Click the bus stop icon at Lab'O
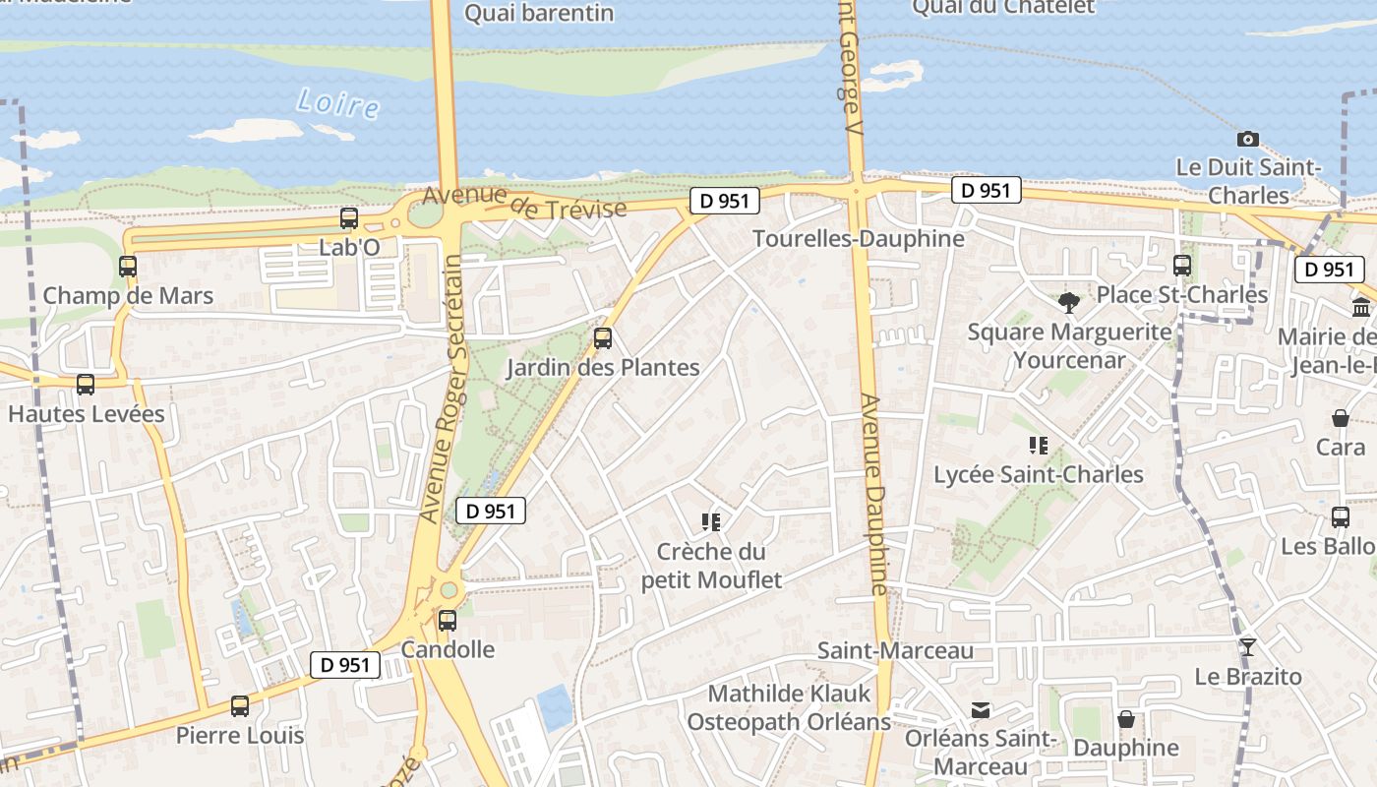(x=349, y=218)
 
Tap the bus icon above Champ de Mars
(x=128, y=267)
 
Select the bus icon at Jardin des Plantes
(x=603, y=338)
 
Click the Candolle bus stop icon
(x=448, y=620)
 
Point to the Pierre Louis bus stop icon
(x=240, y=705)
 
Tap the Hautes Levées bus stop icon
(x=86, y=385)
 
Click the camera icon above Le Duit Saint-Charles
(x=1248, y=139)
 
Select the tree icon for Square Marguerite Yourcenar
(x=1069, y=302)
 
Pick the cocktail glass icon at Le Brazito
(x=1248, y=646)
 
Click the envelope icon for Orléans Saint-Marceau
(x=981, y=709)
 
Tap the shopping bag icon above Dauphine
(x=1126, y=719)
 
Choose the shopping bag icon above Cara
(x=1340, y=418)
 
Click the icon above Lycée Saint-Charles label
(x=1038, y=446)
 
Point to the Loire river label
(x=337, y=102)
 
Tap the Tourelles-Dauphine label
(x=859, y=239)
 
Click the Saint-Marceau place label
(x=896, y=650)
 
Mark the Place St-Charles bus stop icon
(x=1182, y=266)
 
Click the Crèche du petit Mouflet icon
(x=711, y=522)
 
